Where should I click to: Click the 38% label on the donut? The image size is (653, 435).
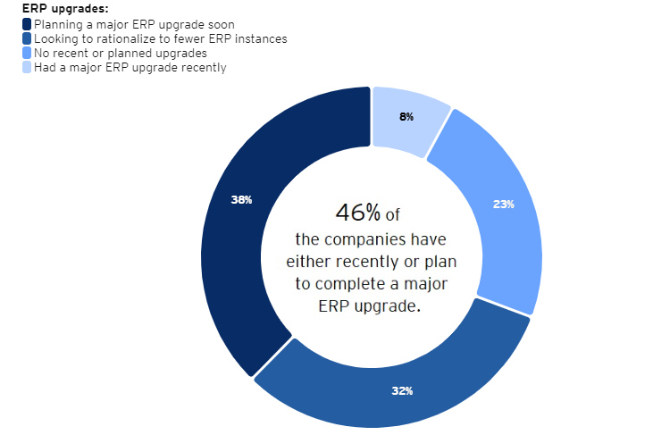pos(241,200)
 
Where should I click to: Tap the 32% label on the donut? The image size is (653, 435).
pos(402,391)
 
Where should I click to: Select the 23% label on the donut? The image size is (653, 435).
pos(504,204)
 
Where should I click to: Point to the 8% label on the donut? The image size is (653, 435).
pos(406,117)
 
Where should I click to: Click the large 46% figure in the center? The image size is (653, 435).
pos(357,213)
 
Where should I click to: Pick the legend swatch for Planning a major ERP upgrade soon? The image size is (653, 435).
pos(27,24)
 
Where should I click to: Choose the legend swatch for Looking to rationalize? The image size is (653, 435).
pos(27,38)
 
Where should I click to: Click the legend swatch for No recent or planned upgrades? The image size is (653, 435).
pos(27,53)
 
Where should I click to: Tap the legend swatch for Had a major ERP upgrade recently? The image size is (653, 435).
pos(27,67)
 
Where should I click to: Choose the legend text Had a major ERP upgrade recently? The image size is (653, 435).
pos(130,67)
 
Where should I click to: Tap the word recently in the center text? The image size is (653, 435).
pos(395,262)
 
